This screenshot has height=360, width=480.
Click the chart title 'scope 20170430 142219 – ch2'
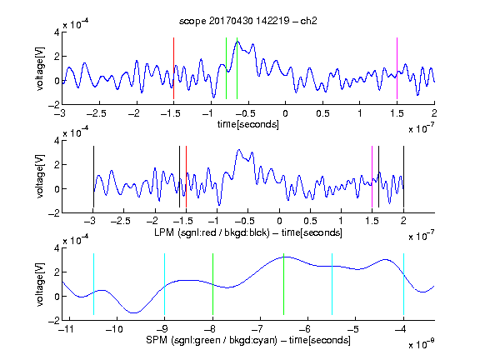point(248,21)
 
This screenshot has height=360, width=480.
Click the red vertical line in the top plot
point(173,68)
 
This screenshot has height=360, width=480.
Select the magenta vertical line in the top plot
point(397,68)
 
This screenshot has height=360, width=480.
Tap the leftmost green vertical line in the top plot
point(226,68)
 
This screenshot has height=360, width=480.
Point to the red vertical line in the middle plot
point(186,177)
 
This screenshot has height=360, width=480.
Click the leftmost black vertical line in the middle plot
point(93,177)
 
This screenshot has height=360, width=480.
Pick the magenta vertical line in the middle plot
point(372,177)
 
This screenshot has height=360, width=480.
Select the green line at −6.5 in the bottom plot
point(284,284)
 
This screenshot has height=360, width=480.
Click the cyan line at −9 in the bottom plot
point(164,284)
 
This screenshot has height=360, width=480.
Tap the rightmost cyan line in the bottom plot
point(403,284)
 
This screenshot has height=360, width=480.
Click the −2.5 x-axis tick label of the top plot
point(97,113)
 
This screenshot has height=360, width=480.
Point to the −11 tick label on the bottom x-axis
point(67,329)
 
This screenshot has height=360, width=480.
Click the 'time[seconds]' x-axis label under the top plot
point(248,124)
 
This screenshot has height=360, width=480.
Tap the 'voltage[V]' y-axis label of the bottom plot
point(40,284)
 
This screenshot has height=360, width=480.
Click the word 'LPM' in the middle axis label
point(164,232)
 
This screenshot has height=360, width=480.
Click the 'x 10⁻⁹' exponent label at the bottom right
point(421,344)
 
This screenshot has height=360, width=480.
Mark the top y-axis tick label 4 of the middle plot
point(57,141)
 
